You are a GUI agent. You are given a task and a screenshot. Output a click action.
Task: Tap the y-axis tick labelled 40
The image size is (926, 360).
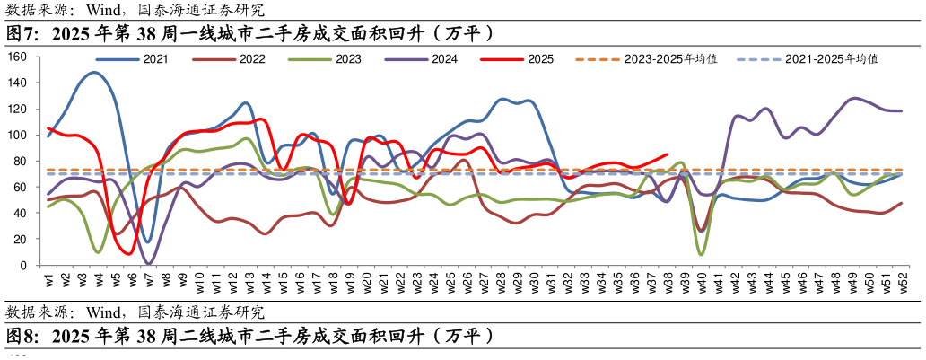[22, 213]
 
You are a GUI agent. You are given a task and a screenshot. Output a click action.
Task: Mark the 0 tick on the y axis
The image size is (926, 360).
[25, 265]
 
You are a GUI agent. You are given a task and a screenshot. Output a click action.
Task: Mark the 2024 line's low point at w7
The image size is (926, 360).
[149, 263]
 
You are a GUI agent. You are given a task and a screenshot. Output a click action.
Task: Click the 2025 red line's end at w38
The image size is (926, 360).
[667, 154]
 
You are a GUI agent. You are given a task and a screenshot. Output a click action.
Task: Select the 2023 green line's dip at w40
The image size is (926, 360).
[701, 255]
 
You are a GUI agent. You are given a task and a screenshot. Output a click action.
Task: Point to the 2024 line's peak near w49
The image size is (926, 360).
[853, 98]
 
